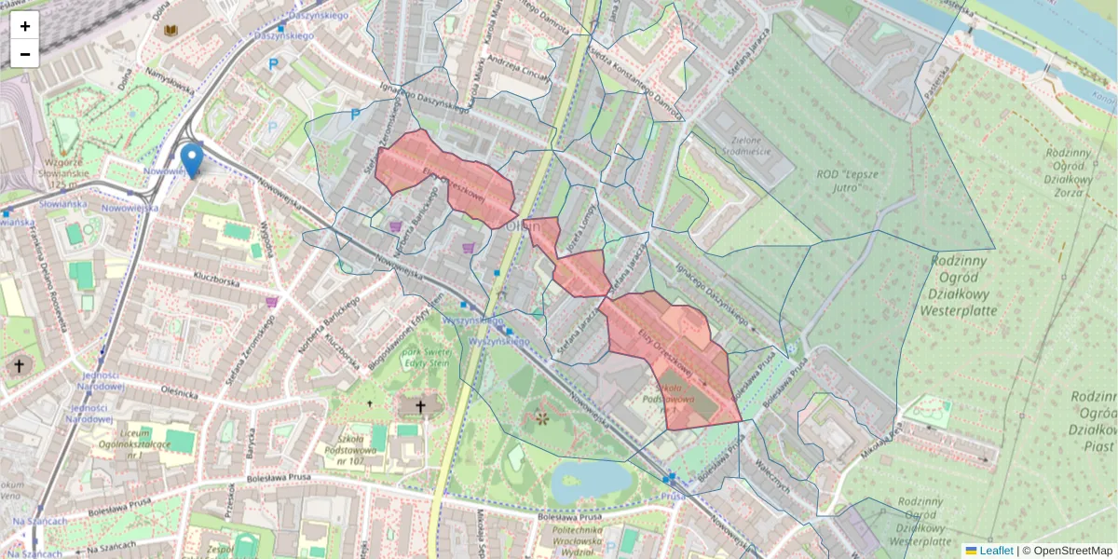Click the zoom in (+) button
point(25,26)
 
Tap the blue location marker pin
point(192,159)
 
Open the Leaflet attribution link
point(995,551)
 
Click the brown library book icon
point(170,31)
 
